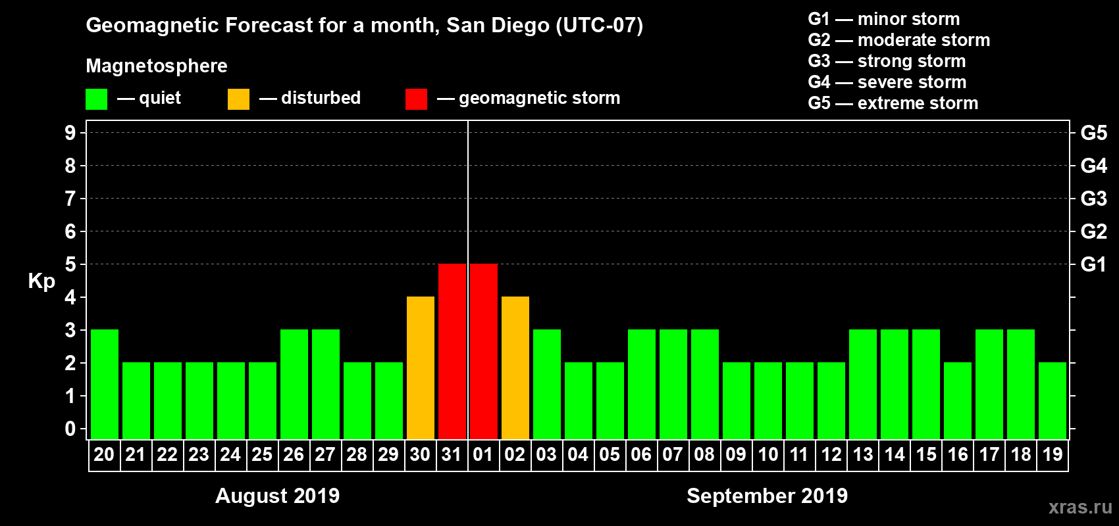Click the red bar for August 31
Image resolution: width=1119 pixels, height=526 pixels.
click(452, 351)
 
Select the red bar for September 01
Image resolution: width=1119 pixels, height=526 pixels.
click(484, 351)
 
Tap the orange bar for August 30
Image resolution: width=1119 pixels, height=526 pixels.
click(421, 368)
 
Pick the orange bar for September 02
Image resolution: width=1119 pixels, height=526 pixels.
click(515, 368)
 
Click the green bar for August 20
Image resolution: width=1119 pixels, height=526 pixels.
click(105, 384)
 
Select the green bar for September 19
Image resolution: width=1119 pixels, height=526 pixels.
click(1053, 400)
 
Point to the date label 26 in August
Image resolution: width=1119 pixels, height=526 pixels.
click(294, 454)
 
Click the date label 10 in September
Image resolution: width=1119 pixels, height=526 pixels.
click(768, 454)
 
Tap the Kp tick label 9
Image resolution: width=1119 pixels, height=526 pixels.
click(70, 133)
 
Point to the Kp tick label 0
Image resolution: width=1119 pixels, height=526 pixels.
click(70, 429)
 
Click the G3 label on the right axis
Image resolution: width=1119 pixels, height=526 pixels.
click(1093, 199)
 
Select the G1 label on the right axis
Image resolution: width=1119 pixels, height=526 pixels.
click(1093, 264)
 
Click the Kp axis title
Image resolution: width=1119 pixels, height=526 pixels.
click(41, 281)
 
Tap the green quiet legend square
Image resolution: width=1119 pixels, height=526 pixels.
click(97, 99)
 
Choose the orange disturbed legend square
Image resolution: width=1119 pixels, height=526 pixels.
click(238, 99)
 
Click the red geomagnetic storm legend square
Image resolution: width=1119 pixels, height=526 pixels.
click(416, 99)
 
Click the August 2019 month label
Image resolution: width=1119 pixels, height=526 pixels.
click(277, 495)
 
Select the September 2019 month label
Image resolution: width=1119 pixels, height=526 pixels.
click(767, 495)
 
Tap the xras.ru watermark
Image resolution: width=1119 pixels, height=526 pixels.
click(1080, 507)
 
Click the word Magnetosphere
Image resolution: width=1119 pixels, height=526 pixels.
click(157, 66)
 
